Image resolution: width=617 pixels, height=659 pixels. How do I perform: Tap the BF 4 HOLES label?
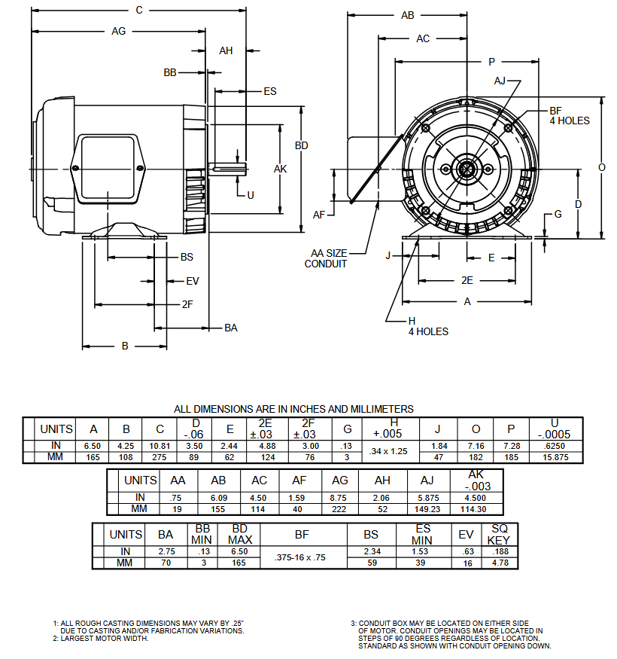(569, 115)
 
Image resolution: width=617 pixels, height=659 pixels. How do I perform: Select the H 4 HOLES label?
(427, 326)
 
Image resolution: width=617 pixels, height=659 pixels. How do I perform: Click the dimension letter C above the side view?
(138, 10)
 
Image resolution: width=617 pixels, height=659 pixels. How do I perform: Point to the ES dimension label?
(269, 91)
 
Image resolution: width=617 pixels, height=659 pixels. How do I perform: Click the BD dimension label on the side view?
(301, 145)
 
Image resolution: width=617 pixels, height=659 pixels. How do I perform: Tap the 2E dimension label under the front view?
(467, 280)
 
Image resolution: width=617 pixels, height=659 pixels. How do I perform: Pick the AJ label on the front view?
(500, 81)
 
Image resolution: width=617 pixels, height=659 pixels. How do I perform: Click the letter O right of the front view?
(601, 167)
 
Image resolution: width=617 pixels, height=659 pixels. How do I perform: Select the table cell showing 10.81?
(160, 446)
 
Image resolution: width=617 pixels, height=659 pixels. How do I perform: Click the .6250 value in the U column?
(554, 446)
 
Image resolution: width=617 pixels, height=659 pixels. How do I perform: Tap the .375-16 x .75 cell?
(301, 558)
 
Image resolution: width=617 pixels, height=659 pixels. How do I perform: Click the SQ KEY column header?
(499, 534)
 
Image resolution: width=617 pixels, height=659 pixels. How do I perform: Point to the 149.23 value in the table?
(427, 508)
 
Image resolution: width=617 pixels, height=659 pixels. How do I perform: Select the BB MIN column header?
(202, 534)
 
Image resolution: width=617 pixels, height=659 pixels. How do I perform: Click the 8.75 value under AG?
(339, 498)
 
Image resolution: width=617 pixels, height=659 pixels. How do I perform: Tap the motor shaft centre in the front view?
(467, 168)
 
